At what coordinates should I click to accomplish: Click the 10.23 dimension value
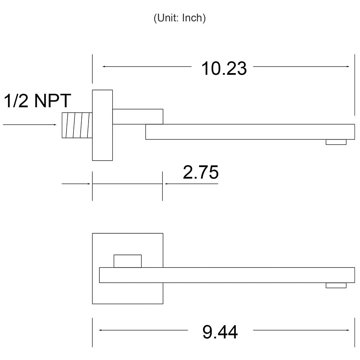click(224, 68)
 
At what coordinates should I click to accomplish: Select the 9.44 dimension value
click(220, 332)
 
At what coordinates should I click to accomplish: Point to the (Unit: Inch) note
click(180, 18)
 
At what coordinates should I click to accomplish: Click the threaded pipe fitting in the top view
click(77, 125)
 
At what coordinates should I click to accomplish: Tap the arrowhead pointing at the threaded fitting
click(55, 125)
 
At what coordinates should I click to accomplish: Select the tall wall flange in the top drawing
click(102, 125)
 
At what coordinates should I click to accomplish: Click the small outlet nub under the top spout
click(336, 142)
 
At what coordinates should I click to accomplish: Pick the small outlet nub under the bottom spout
click(336, 285)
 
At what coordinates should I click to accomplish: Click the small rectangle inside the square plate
click(128, 261)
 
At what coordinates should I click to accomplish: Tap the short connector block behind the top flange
click(138, 117)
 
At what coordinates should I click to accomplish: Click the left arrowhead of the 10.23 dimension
click(104, 67)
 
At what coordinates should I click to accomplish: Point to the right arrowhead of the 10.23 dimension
click(348, 67)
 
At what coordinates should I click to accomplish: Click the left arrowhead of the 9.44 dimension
click(100, 330)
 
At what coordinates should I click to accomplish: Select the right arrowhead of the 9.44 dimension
click(348, 330)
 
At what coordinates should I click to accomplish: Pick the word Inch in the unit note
click(194, 18)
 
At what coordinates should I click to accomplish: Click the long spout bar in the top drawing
click(250, 132)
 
